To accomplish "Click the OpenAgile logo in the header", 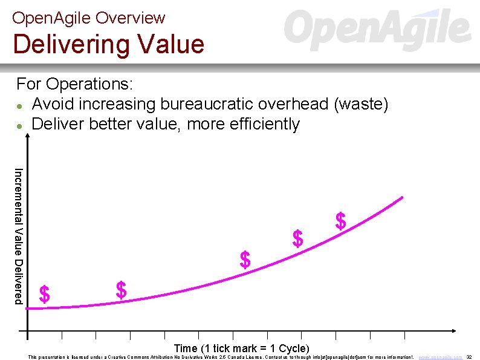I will coord(377,30).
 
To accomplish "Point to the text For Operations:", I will coord(74,83).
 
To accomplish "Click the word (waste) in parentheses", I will coord(360,104).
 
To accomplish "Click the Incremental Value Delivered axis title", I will coord(19,235).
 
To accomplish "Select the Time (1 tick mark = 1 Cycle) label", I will coord(241,349).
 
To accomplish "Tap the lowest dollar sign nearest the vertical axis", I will coord(44,295).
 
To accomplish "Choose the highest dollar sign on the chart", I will coord(341,221).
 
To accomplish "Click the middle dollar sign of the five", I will coord(245,260).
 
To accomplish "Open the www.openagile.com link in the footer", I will coord(441,357).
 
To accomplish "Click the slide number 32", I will coord(469,357).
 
